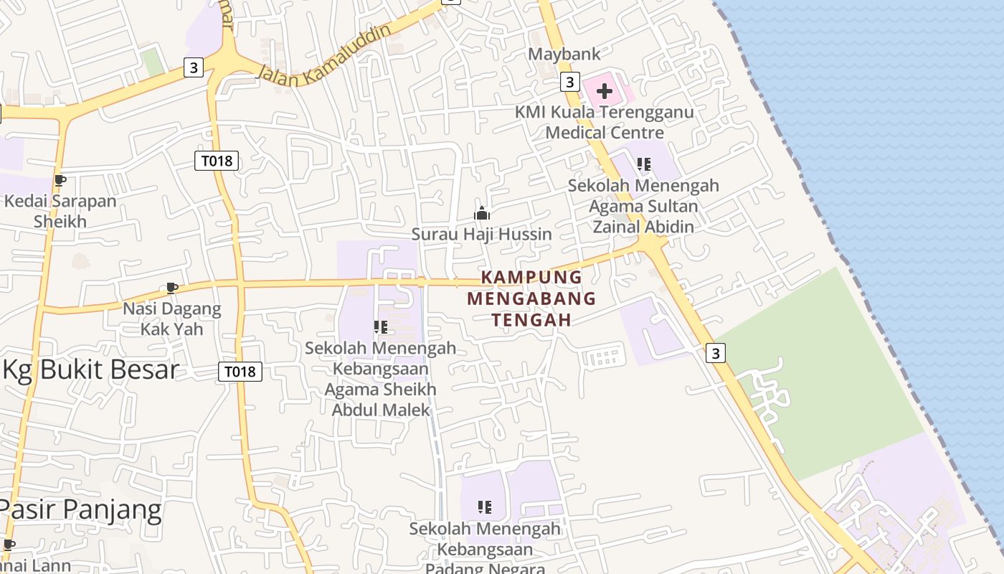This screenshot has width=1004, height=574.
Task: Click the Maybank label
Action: [564, 54]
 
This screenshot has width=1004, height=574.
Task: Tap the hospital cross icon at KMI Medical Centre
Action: [605, 91]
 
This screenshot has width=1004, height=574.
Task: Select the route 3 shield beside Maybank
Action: [569, 82]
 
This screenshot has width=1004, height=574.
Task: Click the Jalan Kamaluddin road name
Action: [323, 56]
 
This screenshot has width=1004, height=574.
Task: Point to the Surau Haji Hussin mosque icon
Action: [481, 213]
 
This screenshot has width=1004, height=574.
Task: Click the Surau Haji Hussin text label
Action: [481, 234]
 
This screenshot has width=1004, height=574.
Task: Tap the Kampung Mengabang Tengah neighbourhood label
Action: [531, 298]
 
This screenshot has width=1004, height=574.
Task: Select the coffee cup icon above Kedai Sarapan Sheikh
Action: [60, 181]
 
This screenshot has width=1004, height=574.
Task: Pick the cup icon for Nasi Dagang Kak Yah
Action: [171, 288]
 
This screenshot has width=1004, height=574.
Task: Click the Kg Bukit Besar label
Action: [90, 370]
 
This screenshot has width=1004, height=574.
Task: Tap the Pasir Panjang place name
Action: [80, 509]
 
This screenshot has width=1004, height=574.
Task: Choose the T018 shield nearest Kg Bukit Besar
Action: [240, 371]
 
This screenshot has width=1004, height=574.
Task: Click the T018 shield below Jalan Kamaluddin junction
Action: [217, 161]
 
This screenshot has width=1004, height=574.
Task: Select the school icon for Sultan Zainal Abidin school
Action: [644, 164]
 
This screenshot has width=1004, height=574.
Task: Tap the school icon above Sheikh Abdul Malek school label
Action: [381, 327]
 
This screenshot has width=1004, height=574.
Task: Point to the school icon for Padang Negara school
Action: [485, 507]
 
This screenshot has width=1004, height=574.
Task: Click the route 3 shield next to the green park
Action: [716, 352]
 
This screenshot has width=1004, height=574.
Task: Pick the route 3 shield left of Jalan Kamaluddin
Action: [193, 67]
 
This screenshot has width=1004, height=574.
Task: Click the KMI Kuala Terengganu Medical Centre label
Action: [605, 122]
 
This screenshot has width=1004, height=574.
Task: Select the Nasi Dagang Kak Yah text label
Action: [172, 319]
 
